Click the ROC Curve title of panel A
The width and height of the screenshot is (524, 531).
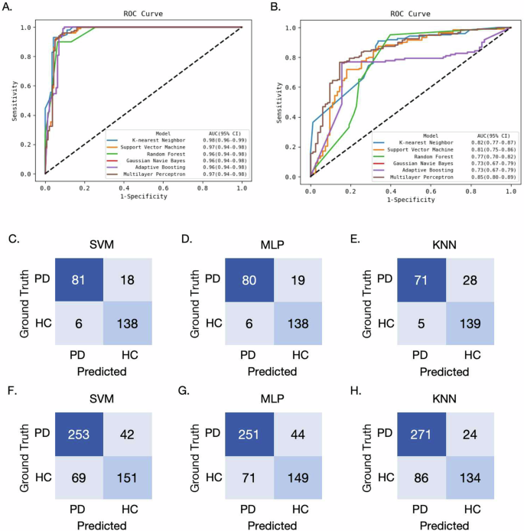143,14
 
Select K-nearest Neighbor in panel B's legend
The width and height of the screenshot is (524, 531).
412,142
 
